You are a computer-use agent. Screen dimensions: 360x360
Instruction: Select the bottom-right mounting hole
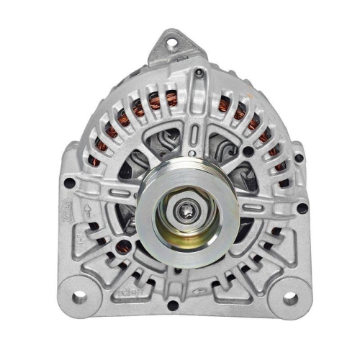point(290,297)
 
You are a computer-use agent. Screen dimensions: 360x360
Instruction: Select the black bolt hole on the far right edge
point(302,208)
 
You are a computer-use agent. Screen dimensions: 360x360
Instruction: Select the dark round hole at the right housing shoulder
point(248,151)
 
